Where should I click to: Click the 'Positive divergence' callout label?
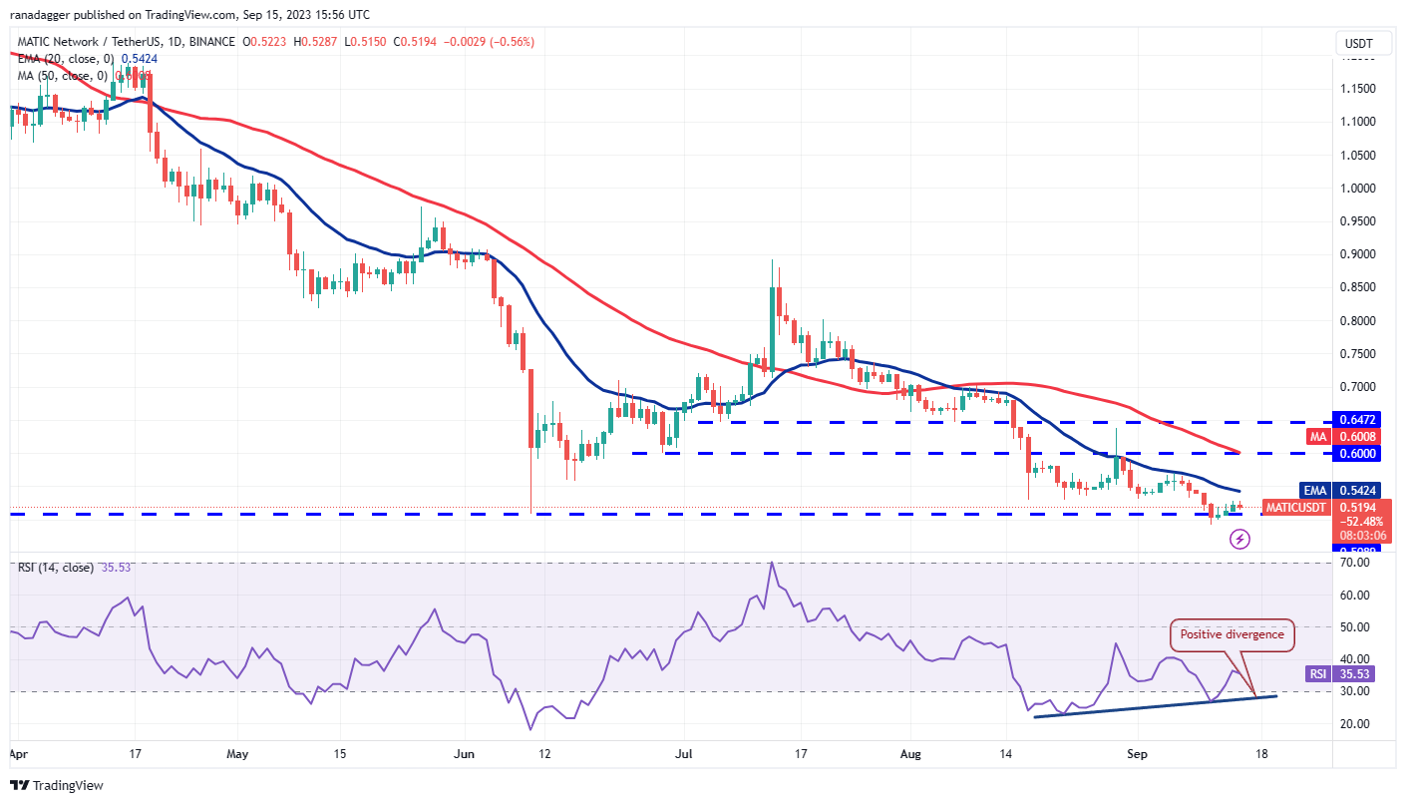coord(1232,634)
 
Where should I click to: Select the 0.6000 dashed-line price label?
coord(1356,453)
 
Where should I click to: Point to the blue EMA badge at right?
coord(1313,491)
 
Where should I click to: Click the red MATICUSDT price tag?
coord(1295,508)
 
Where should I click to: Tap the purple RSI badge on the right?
coord(1318,674)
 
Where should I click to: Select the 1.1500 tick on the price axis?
coord(1361,89)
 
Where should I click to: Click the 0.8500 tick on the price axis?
coord(1361,287)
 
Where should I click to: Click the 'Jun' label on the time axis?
coord(465,755)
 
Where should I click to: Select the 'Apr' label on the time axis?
coord(19,755)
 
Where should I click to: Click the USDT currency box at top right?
coord(1357,44)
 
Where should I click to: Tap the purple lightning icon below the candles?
coord(1239,539)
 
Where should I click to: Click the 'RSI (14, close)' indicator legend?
coord(55,568)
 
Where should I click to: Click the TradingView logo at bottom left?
coord(57,785)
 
